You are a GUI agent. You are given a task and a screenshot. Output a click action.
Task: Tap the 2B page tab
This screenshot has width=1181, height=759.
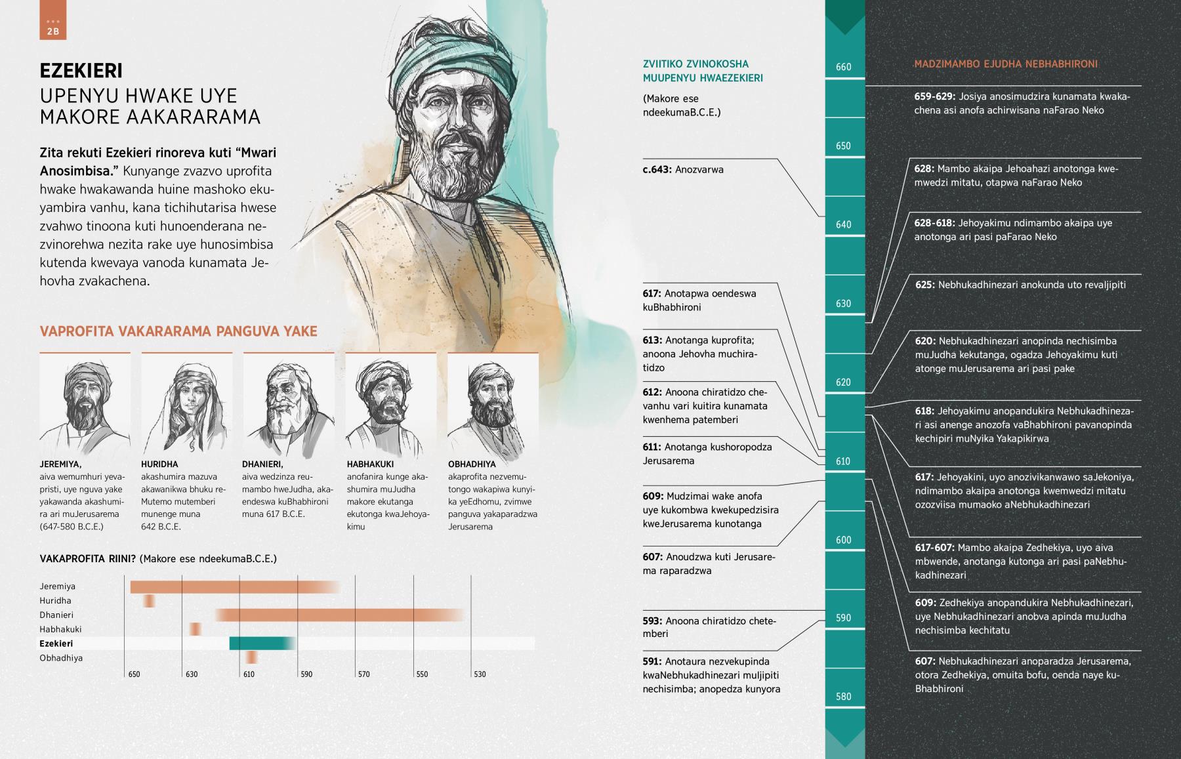point(52,27)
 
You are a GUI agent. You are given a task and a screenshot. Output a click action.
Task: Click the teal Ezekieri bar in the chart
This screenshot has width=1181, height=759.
point(261,644)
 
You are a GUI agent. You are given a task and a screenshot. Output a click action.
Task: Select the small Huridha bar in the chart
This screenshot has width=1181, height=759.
point(150,601)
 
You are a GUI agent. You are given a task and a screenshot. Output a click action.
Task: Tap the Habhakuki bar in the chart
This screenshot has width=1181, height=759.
point(195,629)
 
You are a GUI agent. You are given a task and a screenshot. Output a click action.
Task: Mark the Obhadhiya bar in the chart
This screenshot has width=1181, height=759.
point(251,658)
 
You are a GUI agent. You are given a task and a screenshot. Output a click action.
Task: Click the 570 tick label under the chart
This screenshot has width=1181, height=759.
point(363,674)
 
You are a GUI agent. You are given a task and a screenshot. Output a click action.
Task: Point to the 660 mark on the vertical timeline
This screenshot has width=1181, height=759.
point(844,67)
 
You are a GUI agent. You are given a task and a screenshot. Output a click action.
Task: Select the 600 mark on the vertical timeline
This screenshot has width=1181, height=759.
point(844,540)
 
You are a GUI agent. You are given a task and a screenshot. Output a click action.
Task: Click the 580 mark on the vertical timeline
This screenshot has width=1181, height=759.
point(844,697)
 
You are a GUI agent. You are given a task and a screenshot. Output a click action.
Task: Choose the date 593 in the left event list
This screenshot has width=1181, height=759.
point(652,621)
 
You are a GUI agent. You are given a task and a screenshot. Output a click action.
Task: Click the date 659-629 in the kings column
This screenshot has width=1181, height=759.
point(934,97)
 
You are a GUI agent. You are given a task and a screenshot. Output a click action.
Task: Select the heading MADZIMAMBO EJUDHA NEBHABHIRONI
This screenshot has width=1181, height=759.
point(1006,64)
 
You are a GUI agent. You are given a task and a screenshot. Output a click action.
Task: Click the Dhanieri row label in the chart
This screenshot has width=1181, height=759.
point(56,615)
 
